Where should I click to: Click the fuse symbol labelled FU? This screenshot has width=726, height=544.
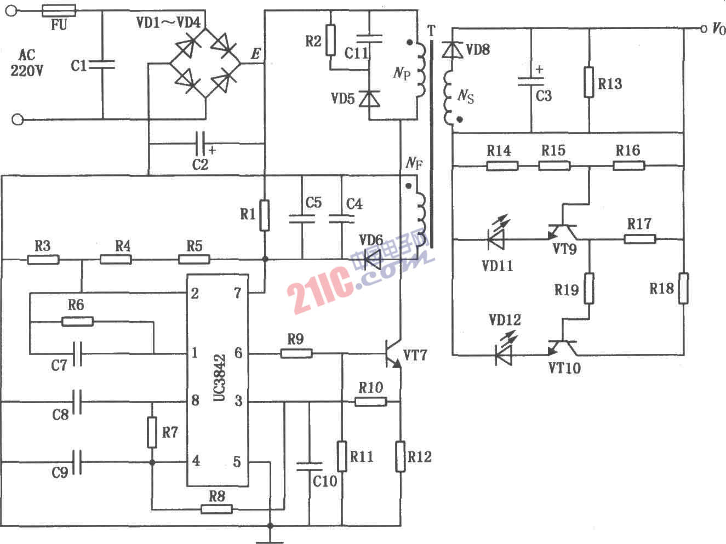(x=59, y=10)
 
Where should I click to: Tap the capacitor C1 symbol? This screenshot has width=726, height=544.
(x=102, y=65)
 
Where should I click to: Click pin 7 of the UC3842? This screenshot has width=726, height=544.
(x=237, y=293)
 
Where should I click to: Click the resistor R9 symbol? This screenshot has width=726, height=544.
(x=296, y=354)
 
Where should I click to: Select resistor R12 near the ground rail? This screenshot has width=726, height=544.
(x=401, y=456)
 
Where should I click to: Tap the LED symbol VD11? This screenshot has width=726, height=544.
(x=498, y=239)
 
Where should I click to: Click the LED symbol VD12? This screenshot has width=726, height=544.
(x=503, y=355)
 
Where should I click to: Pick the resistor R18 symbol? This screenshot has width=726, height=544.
(x=683, y=288)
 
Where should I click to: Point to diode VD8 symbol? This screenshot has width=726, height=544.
(x=453, y=50)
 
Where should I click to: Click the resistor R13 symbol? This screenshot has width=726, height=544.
(x=589, y=82)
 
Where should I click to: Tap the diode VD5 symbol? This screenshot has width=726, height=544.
(x=371, y=99)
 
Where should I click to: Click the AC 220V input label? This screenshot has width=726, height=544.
(x=27, y=62)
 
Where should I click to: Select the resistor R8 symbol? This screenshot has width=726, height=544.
(x=216, y=509)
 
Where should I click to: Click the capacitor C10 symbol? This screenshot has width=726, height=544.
(x=309, y=466)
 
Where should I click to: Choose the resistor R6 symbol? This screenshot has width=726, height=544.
(x=77, y=321)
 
